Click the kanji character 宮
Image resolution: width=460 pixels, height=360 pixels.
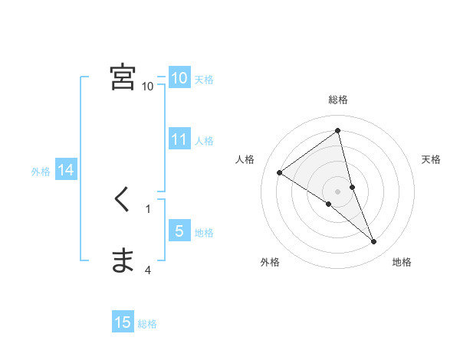(123, 77)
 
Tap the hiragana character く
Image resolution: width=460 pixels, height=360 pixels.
(122, 200)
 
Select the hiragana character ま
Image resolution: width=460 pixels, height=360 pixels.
(123, 261)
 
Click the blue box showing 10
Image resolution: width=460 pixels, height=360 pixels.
(179, 78)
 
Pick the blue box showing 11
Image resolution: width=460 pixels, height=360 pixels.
(179, 139)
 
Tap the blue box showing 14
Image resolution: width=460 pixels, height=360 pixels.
(66, 170)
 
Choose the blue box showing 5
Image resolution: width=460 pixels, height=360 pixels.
(179, 231)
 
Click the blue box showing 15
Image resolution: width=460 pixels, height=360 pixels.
(123, 322)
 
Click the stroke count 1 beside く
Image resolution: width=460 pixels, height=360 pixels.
(148, 208)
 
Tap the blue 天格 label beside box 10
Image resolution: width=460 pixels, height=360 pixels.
(204, 80)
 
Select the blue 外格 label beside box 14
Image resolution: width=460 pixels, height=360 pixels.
(41, 172)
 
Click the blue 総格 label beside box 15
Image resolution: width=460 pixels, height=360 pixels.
(147, 324)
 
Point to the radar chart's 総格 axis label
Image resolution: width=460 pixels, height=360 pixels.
(338, 100)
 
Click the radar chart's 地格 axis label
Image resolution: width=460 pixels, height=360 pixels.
(402, 263)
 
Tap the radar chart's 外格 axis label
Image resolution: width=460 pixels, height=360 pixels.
(270, 263)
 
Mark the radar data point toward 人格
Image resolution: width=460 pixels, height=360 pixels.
(280, 173)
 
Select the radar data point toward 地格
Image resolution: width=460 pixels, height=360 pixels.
(373, 242)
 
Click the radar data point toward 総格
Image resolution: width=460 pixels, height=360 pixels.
(338, 131)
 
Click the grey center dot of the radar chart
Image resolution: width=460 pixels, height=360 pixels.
(338, 191)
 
